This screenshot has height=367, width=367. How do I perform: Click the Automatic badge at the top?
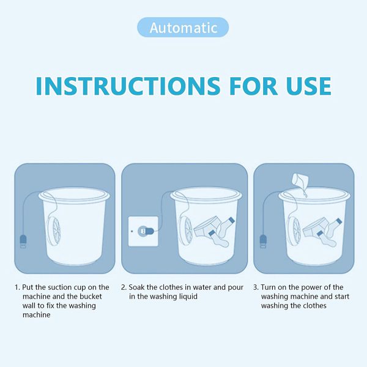pos(183,28)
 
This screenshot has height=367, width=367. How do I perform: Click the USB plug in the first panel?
pos(23,240)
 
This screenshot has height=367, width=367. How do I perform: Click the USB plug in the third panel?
pos(263,240)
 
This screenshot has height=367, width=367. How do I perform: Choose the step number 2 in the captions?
pos(123,287)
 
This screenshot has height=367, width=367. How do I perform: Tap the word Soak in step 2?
pos(138,287)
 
